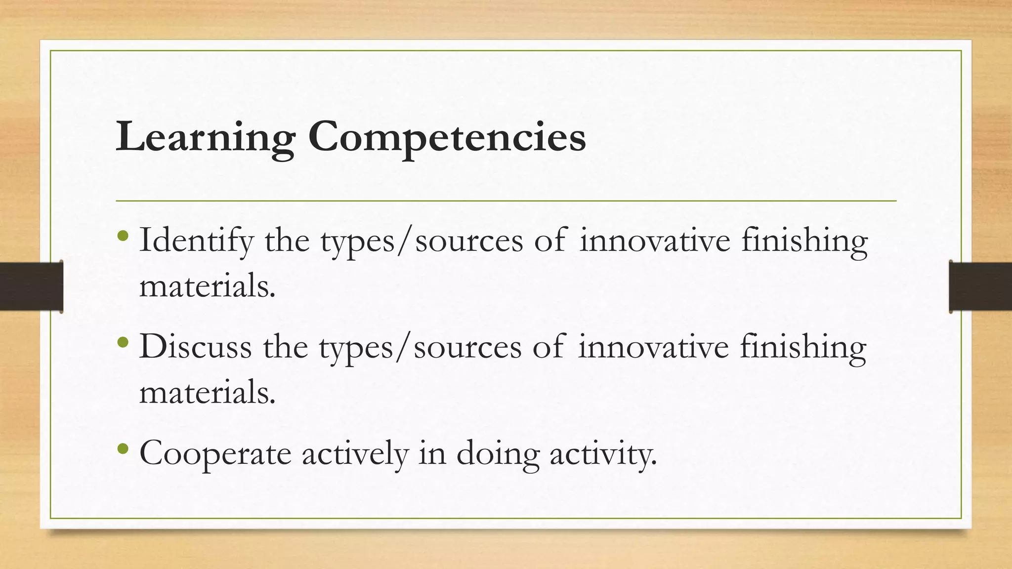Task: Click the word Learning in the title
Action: (x=205, y=137)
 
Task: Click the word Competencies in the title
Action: (x=447, y=137)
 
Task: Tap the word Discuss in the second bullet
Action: (x=196, y=347)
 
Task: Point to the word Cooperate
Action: (x=215, y=453)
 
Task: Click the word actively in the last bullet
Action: (x=355, y=453)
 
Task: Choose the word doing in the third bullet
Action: (x=497, y=453)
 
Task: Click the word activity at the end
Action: (x=603, y=453)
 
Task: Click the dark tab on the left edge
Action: (x=31, y=286)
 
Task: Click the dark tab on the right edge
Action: (x=980, y=286)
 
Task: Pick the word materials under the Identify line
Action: (x=207, y=286)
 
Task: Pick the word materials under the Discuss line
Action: (x=207, y=393)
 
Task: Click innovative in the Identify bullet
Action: (x=655, y=241)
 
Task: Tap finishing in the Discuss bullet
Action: (x=803, y=347)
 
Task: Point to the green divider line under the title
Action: (x=506, y=201)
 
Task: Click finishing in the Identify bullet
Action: (x=804, y=241)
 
